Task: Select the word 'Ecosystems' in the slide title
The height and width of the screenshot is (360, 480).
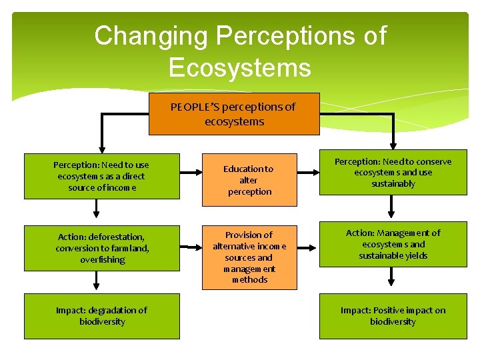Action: pyautogui.click(x=239, y=67)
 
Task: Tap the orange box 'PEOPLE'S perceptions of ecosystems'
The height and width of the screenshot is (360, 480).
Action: pyautogui.click(x=234, y=114)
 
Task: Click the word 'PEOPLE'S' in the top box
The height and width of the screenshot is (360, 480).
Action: pyautogui.click(x=195, y=107)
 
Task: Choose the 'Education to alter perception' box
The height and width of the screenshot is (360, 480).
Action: pyautogui.click(x=249, y=180)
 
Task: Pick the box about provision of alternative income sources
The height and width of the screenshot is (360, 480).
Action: pyautogui.click(x=249, y=257)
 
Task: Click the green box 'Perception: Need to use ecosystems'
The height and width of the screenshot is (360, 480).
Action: pyautogui.click(x=101, y=177)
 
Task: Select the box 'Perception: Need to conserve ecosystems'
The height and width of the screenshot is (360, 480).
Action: pyautogui.click(x=393, y=173)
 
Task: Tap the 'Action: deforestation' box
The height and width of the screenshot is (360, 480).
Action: pyautogui.click(x=101, y=248)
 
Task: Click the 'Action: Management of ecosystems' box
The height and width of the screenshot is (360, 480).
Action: pyautogui.click(x=393, y=244)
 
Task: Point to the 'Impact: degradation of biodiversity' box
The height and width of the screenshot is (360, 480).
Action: pyautogui.click(x=101, y=316)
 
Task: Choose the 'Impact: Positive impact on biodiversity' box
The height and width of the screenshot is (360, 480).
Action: pyautogui.click(x=393, y=316)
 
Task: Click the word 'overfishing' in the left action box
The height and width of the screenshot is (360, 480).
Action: pyautogui.click(x=102, y=260)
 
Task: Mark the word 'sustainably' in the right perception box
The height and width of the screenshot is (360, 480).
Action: pyautogui.click(x=393, y=184)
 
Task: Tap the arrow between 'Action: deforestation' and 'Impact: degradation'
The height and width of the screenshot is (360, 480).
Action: pyautogui.click(x=97, y=282)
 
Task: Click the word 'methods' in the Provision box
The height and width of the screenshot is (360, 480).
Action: pyautogui.click(x=249, y=280)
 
